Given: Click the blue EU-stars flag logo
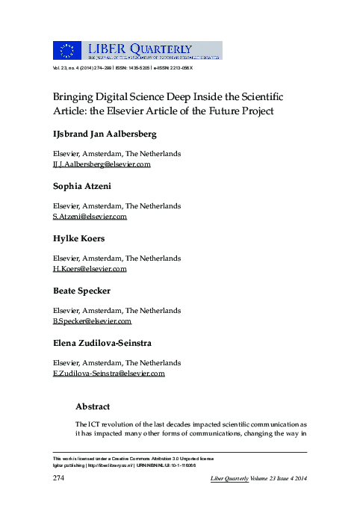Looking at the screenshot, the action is point(66,50).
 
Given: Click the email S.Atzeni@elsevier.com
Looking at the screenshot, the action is point(90,217).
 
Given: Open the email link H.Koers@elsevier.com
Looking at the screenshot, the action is point(89,268).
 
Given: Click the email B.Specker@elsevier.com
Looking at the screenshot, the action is point(92,321).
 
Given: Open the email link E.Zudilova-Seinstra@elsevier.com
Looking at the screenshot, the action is point(108,374).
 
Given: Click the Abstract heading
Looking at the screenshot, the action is point(93,407).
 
